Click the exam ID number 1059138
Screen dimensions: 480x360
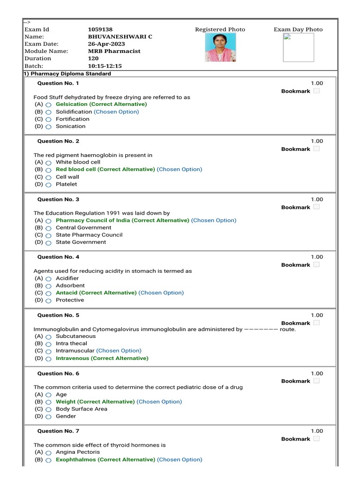(x=100, y=30)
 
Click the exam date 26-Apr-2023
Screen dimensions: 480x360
(x=106, y=44)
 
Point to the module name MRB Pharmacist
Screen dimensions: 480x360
(x=114, y=51)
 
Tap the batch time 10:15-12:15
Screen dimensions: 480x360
(x=105, y=66)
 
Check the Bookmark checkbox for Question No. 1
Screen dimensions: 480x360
(x=316, y=91)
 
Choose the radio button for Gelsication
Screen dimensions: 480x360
(x=49, y=105)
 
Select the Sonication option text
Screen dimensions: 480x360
(x=70, y=126)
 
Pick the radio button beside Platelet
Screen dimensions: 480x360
(x=49, y=185)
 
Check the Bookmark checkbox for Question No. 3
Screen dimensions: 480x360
(x=316, y=207)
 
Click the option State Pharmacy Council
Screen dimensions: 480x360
(x=89, y=235)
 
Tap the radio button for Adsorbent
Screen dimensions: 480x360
(x=49, y=286)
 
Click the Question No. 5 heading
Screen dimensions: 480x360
(x=58, y=315)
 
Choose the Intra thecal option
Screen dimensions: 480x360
(x=71, y=343)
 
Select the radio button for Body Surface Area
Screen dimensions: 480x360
(x=49, y=409)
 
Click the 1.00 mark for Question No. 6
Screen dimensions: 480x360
(x=317, y=374)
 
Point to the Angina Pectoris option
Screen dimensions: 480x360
(x=78, y=452)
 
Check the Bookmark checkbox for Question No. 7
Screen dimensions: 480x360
(x=316, y=439)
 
